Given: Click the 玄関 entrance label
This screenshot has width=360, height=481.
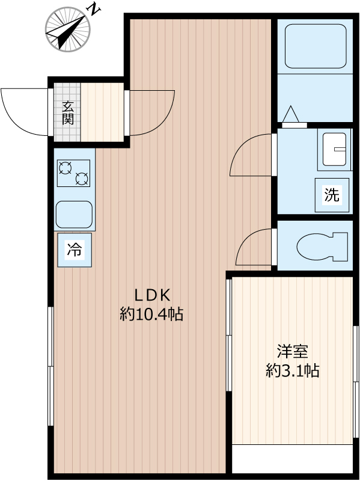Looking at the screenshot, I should click(x=67, y=112).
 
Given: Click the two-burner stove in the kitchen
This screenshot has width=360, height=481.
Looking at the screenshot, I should click(x=73, y=173).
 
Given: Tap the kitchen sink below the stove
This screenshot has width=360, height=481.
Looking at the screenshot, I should click(x=74, y=213).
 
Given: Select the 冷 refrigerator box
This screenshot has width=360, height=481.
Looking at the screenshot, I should click(x=75, y=250).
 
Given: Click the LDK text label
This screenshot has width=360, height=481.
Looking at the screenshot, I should click(x=153, y=295).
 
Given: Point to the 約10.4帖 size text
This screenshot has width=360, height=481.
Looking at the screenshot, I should click(x=151, y=314).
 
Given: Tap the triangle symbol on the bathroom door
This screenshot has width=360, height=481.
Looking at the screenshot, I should click(x=291, y=114).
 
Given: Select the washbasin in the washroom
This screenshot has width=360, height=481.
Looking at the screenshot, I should click(x=334, y=149).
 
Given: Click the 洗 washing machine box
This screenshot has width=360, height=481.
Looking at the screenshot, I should click(x=332, y=194).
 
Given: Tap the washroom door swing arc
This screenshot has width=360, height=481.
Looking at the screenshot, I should click(x=251, y=156).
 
